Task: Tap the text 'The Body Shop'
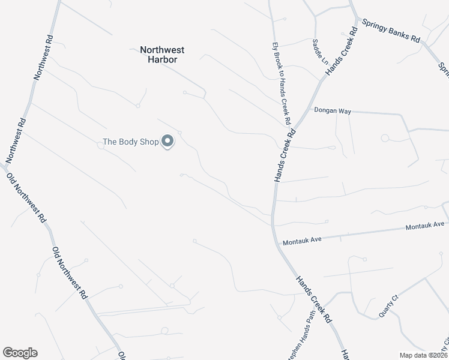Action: (x=130, y=142)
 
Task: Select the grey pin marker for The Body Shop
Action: (x=168, y=141)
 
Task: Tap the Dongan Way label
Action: (x=333, y=111)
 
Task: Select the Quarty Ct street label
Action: (x=388, y=306)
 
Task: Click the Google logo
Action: (x=20, y=353)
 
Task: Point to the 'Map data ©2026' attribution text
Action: (x=423, y=355)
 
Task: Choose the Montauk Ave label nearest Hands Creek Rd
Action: (x=303, y=240)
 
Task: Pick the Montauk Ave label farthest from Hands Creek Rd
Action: (x=424, y=226)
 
